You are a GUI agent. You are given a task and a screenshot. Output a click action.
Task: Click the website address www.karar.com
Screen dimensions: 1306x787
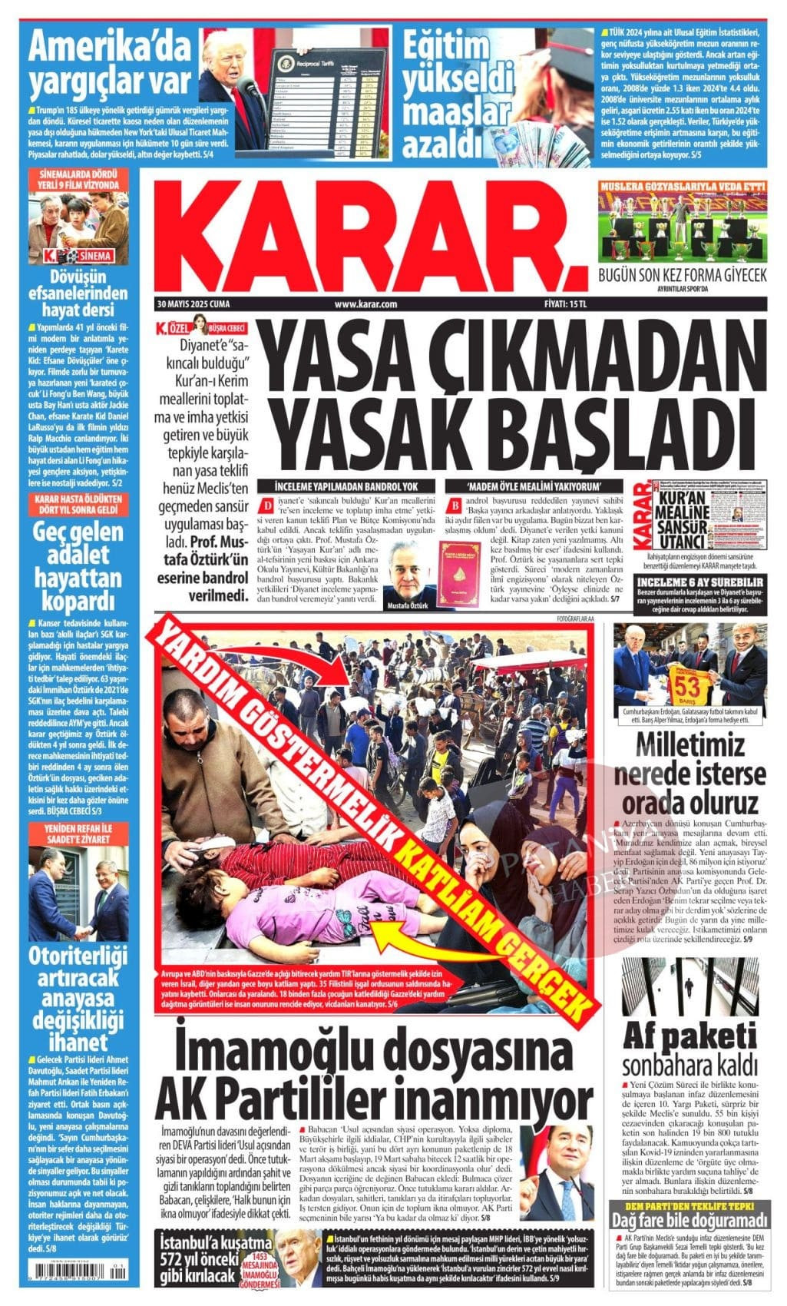(365, 304)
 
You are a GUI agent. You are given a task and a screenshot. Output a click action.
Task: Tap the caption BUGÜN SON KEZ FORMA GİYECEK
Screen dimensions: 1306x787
(682, 276)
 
